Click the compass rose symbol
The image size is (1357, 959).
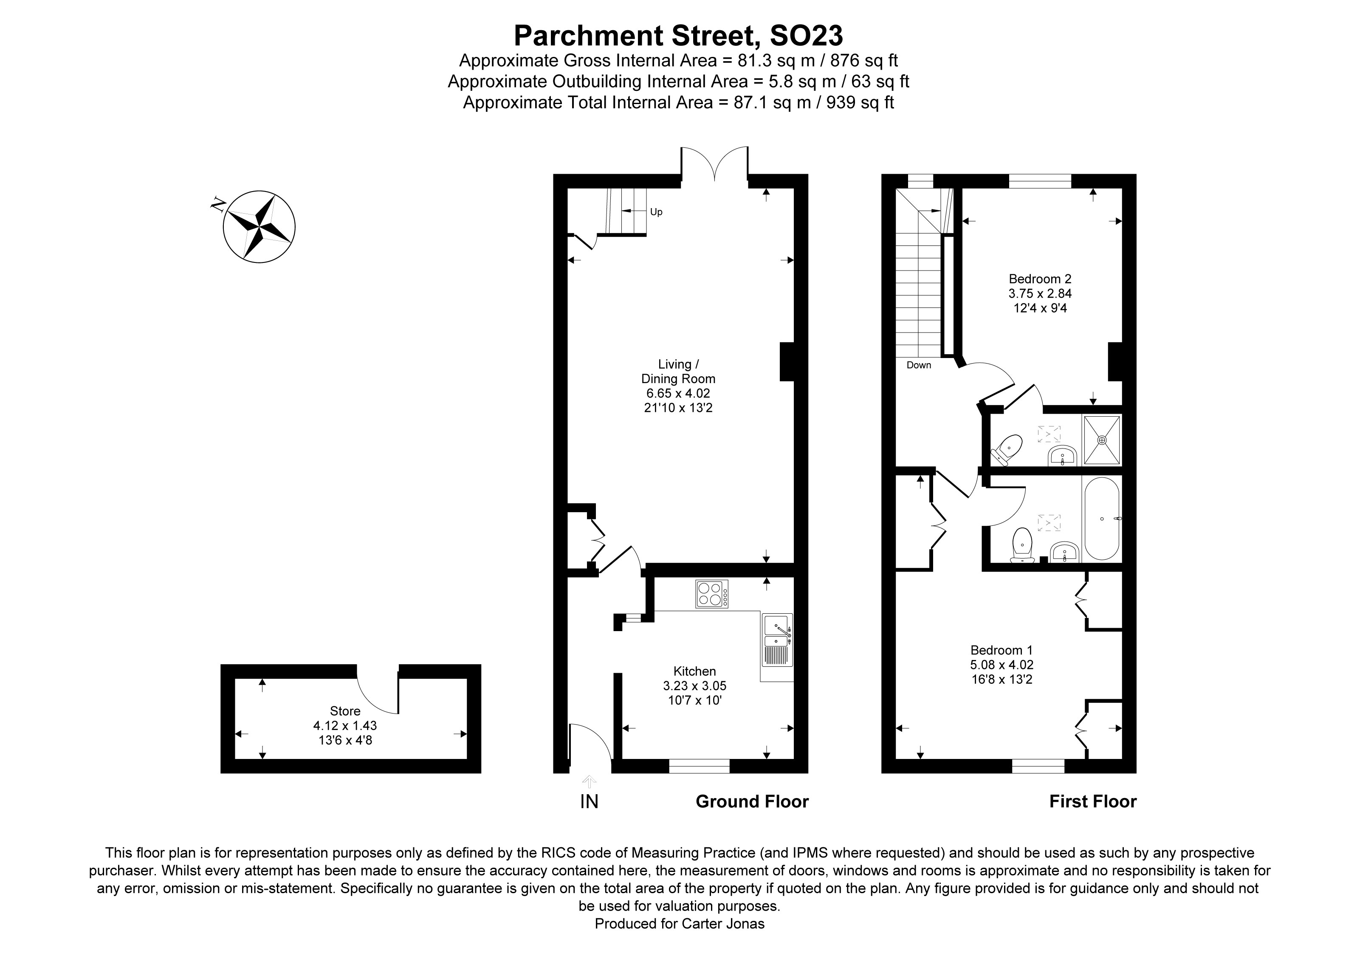[259, 226]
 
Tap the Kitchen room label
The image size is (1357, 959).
[694, 671]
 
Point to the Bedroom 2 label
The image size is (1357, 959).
[1040, 279]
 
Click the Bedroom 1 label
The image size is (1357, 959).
[1001, 650]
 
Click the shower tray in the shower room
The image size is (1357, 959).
[1102, 440]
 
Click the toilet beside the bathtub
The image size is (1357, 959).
[1022, 544]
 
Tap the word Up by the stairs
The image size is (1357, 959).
[656, 212]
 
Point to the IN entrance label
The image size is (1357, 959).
[589, 801]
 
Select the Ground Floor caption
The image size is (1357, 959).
[752, 801]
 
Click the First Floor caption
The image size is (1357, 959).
[1092, 801]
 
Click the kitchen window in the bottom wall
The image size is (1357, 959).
[699, 766]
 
